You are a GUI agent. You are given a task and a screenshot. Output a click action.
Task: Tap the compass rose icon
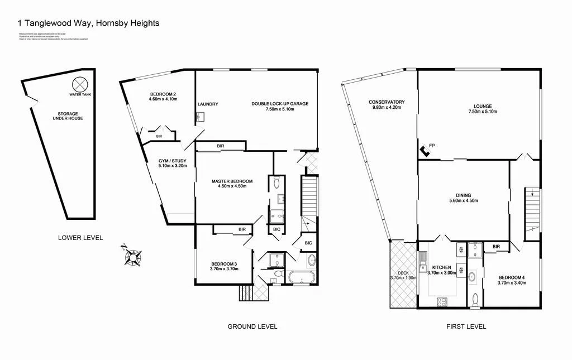[133, 256]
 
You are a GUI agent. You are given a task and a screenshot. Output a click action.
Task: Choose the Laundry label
[208, 104]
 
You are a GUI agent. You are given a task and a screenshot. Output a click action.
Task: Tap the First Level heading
[466, 327]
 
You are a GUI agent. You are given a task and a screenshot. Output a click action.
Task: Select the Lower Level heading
[80, 238]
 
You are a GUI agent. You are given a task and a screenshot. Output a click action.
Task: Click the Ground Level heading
[252, 327]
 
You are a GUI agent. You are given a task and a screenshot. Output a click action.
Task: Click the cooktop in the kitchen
[441, 302]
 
